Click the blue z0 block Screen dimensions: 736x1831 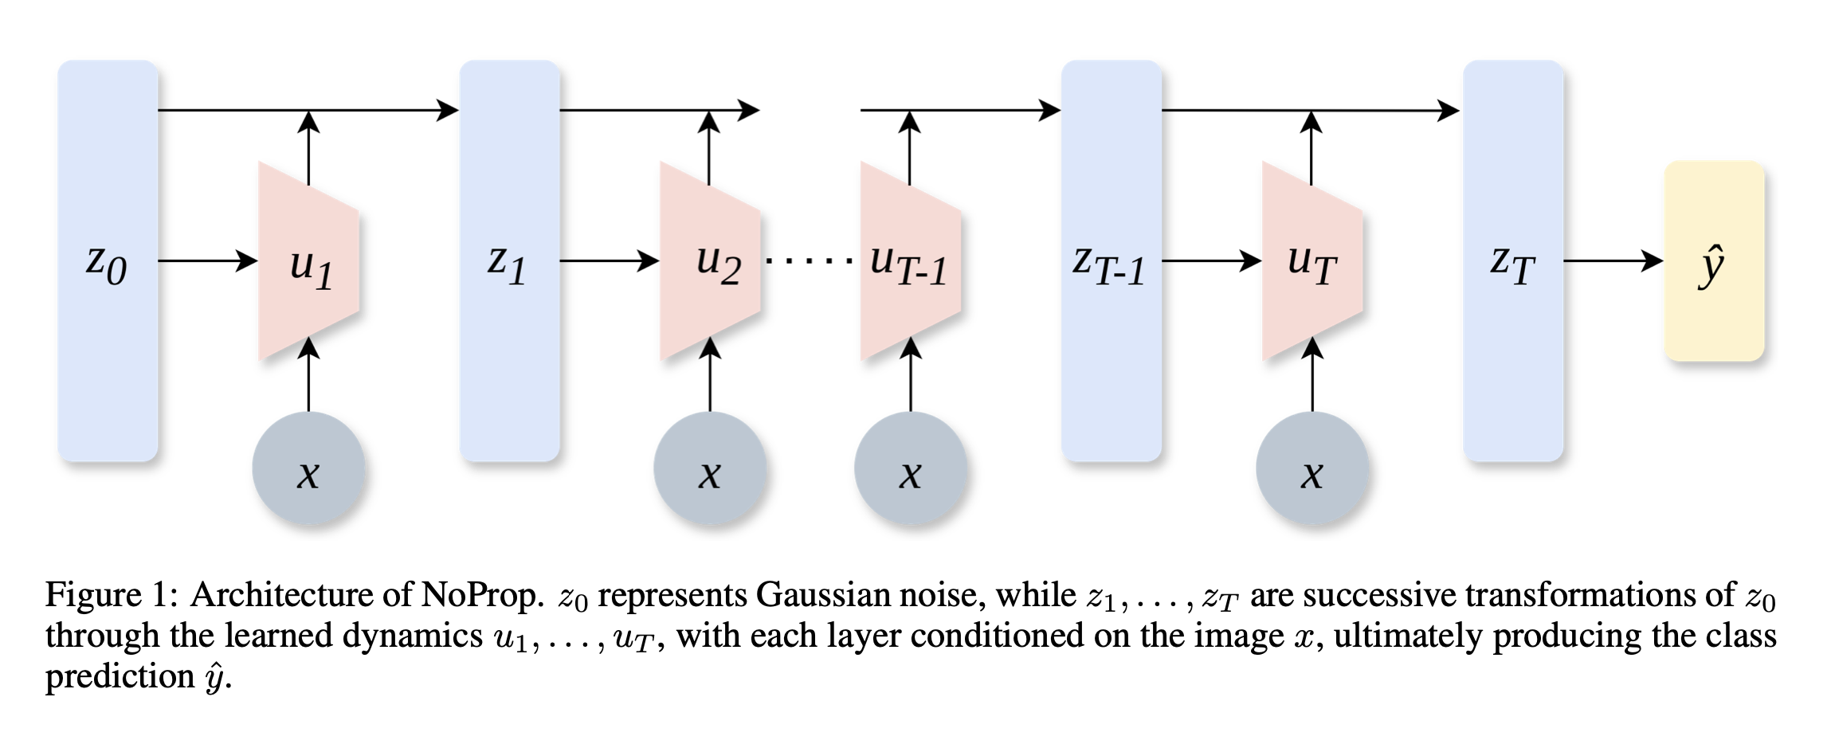coord(108,261)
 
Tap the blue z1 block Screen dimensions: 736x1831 coord(509,261)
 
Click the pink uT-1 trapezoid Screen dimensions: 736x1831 coord(911,261)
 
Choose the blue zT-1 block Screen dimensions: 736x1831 coord(1111,261)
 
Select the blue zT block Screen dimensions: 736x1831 coord(1513,261)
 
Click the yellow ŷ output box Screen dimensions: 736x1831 coord(1714,261)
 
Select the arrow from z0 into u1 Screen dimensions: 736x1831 coord(207,260)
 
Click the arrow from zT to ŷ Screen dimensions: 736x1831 coord(1613,260)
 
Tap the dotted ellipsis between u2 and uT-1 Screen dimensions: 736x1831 coord(810,260)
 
